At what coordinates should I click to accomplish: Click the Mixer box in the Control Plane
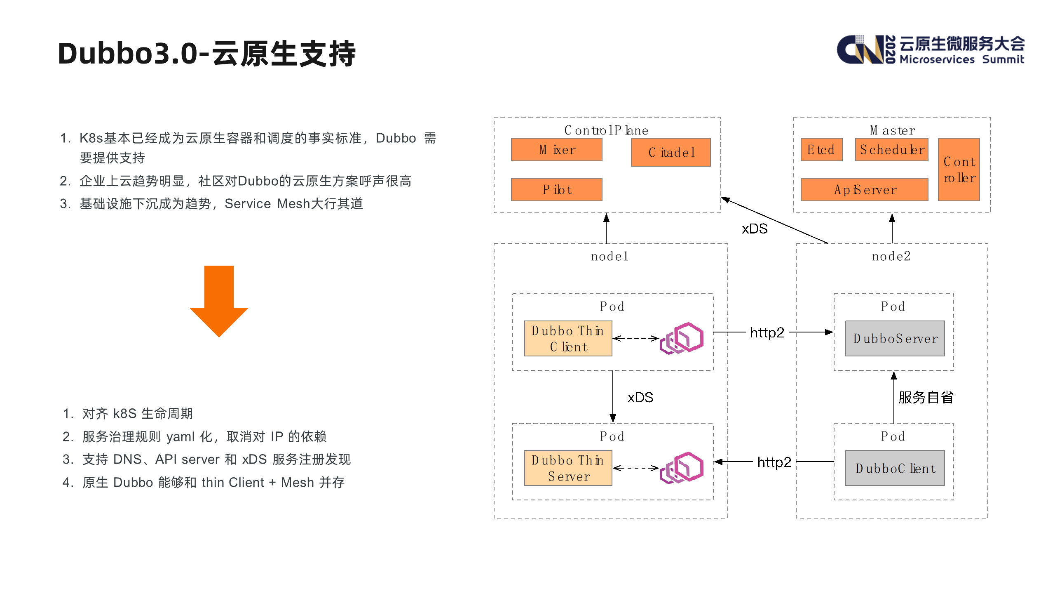[556, 149]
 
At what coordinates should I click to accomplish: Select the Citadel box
[671, 152]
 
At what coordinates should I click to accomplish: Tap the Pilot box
[556, 189]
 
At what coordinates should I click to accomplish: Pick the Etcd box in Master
[821, 149]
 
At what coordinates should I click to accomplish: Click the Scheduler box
[891, 149]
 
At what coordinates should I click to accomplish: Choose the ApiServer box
[864, 189]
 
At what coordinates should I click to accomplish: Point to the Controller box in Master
[959, 170]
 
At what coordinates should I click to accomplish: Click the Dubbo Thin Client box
[568, 338]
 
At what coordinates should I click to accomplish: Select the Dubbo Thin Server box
[568, 468]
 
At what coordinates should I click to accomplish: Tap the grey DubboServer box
[895, 338]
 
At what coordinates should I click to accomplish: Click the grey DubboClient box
[895, 468]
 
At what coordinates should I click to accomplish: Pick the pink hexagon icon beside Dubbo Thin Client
[682, 338]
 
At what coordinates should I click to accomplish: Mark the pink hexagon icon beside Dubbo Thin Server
[682, 468]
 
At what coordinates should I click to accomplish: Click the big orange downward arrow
[219, 301]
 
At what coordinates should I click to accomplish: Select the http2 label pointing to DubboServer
[767, 332]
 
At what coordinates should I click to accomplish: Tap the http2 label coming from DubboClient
[774, 462]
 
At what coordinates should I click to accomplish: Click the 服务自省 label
[926, 397]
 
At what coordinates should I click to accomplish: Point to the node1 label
[610, 256]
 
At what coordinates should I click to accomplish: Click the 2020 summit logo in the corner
[930, 50]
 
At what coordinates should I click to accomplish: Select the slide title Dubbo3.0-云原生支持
[206, 54]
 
